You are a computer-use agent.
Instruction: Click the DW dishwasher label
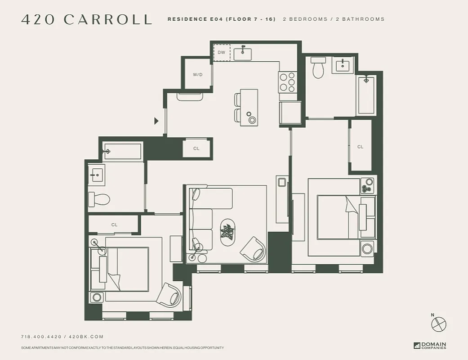coord(221,53)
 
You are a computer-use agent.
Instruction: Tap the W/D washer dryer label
coord(198,75)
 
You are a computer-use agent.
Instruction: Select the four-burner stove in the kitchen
coord(288,82)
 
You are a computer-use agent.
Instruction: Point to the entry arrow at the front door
coord(156,121)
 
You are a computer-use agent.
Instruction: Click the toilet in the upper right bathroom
coord(318,67)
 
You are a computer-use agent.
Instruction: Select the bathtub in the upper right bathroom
coord(366,95)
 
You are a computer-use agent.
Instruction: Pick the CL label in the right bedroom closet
coord(360,147)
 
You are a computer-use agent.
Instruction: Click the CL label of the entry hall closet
coord(196,148)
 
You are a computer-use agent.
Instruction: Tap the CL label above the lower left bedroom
coord(114,225)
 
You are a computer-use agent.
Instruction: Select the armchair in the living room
coord(253,248)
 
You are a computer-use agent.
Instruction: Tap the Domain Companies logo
coord(430,346)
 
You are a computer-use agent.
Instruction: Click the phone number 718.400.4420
coord(41,337)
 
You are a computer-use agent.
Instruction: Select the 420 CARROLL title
coord(87,20)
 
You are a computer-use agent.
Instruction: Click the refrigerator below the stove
coord(290,112)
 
